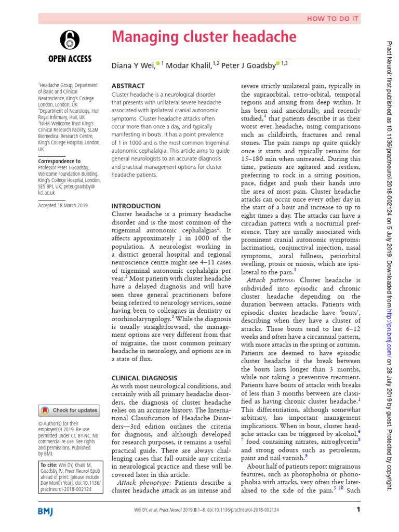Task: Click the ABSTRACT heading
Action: (x=128, y=86)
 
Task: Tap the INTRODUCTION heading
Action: (x=137, y=206)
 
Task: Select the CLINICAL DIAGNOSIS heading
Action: (x=144, y=378)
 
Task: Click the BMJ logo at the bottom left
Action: (x=49, y=512)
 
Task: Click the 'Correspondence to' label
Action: (x=59, y=161)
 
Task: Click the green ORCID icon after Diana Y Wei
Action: (x=158, y=63)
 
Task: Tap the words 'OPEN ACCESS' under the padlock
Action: (x=69, y=59)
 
